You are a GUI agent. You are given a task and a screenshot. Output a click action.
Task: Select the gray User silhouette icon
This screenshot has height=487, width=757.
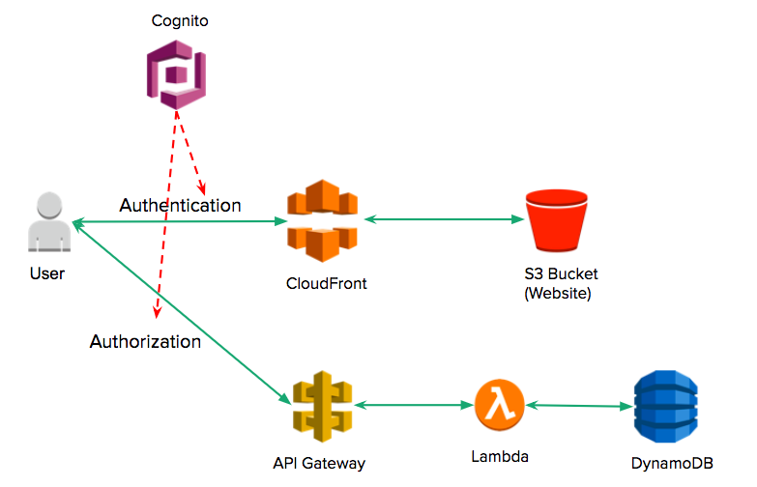pyautogui.click(x=47, y=223)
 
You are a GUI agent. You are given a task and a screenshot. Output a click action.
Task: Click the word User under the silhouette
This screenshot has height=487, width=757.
pyautogui.click(x=47, y=273)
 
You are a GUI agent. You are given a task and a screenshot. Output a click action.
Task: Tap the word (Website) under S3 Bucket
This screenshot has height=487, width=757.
pyautogui.click(x=557, y=293)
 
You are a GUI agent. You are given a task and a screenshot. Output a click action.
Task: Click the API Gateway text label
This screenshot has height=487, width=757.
pyautogui.click(x=319, y=463)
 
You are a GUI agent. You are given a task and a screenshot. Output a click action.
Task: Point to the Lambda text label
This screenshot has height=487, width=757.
pyautogui.click(x=500, y=455)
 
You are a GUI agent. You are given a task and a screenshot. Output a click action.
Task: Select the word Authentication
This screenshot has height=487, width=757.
pyautogui.click(x=180, y=206)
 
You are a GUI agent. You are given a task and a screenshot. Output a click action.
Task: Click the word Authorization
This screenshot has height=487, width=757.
pyautogui.click(x=145, y=341)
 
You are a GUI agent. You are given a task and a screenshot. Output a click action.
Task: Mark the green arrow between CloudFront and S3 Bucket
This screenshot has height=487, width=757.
pyautogui.click(x=444, y=220)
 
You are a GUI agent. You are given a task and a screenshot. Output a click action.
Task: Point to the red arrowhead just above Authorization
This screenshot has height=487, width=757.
pyautogui.click(x=155, y=311)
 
